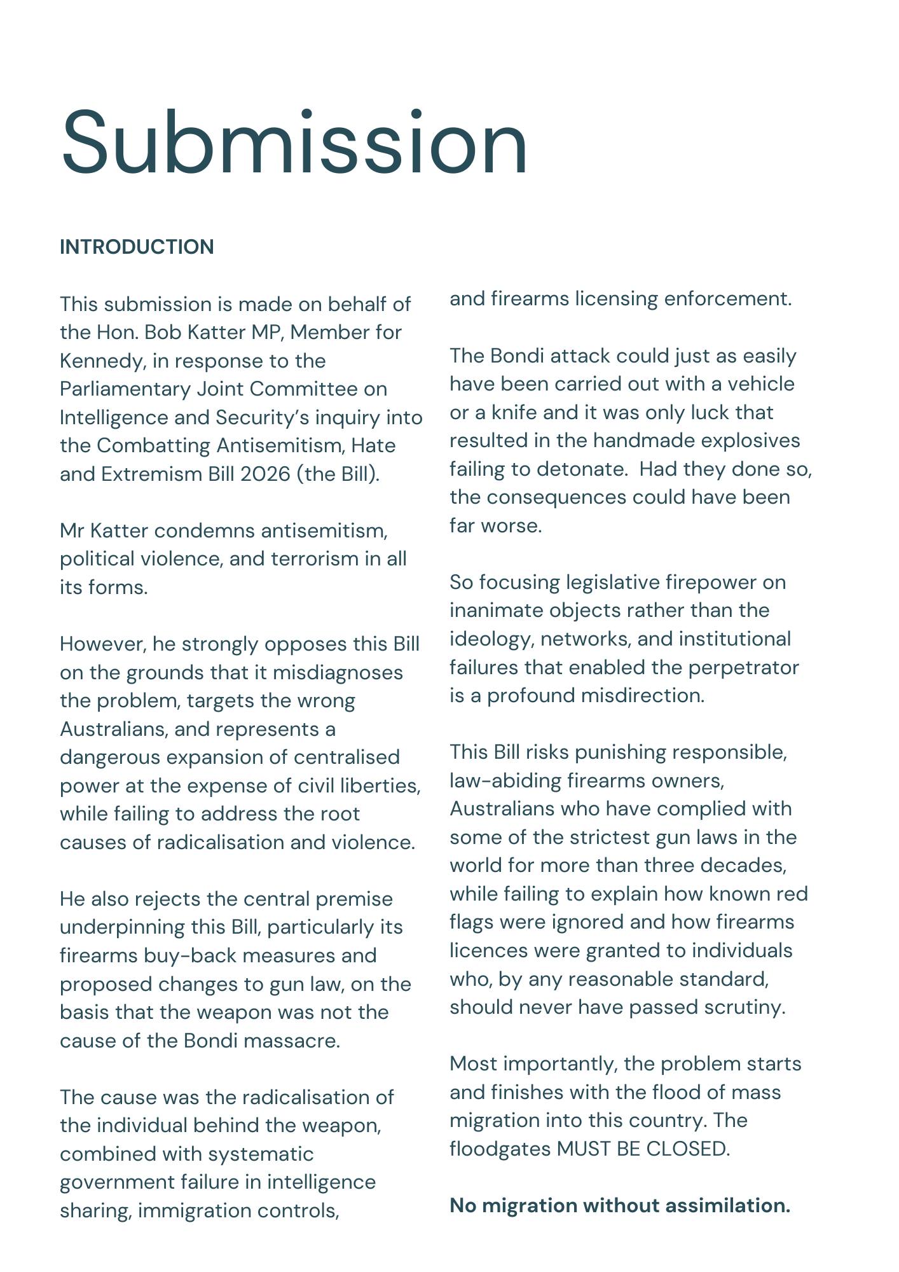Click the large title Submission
tap(294, 142)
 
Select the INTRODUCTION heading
tap(137, 247)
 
